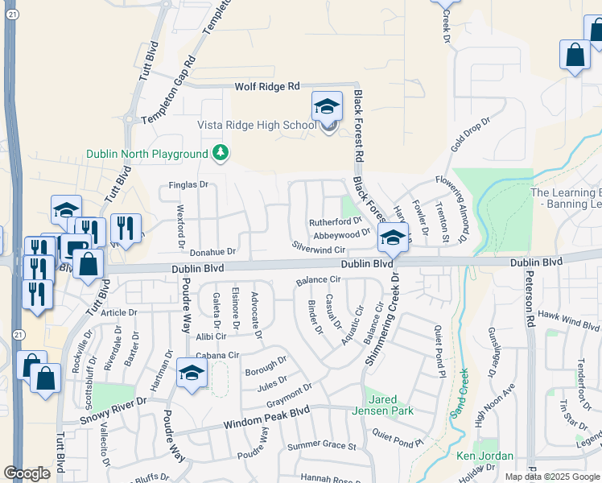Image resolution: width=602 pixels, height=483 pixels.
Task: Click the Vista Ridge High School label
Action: (x=257, y=125)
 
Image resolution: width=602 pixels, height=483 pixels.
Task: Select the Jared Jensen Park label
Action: (x=383, y=405)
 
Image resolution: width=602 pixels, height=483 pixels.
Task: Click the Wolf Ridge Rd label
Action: (x=266, y=86)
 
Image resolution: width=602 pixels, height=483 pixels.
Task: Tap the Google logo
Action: (x=27, y=473)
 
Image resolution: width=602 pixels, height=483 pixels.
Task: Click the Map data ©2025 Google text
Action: (x=552, y=477)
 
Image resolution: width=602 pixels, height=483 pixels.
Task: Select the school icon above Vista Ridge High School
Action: (x=327, y=106)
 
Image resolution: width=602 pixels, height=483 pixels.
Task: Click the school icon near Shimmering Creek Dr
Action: (x=393, y=237)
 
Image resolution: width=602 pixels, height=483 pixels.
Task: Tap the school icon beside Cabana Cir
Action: (x=192, y=373)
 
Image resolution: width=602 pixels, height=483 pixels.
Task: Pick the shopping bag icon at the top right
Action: (x=575, y=56)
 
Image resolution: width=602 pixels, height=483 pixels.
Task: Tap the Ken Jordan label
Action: (x=484, y=456)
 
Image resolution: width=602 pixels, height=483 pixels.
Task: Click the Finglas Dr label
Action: (x=188, y=185)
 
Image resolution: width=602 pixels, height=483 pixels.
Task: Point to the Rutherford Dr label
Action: (x=336, y=221)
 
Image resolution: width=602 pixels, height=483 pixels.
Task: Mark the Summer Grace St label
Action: (x=322, y=445)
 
